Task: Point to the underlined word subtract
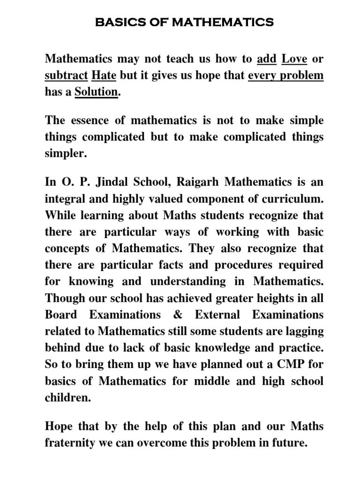[66, 75]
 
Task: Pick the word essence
[90, 120]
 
